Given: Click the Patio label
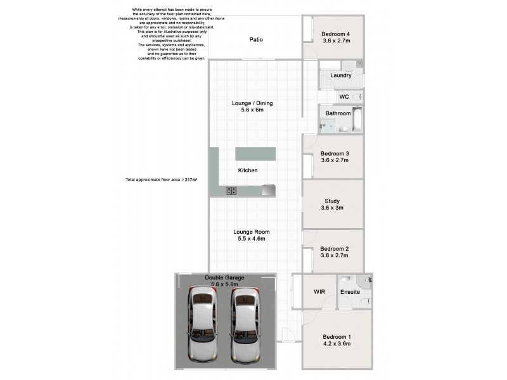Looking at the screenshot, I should (256, 40).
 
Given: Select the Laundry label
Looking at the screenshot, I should (340, 75).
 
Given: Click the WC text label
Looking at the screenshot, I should (344, 97).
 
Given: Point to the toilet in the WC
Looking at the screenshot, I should (358, 97).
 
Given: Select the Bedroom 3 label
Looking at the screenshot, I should (335, 154).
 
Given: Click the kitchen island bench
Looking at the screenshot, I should (256, 154).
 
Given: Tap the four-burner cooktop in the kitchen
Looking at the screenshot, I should (232, 190).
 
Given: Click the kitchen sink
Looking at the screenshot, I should (269, 189).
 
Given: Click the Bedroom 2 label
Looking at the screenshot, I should (335, 250).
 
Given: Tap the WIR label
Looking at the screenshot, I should (319, 292).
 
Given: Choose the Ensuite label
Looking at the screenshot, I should (350, 292).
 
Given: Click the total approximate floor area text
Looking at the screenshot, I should (161, 180).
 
